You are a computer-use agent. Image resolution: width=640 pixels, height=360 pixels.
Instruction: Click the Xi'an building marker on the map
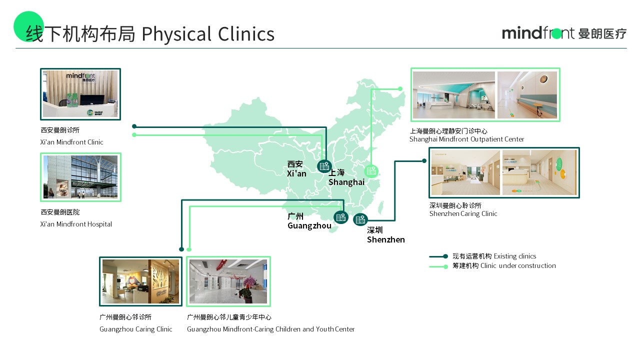tap(324, 166)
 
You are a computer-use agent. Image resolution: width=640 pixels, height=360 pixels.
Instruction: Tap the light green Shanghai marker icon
tap(371, 171)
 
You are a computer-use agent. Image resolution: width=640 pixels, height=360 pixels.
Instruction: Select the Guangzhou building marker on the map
tap(341, 217)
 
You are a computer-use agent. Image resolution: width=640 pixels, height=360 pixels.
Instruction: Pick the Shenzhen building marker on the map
tap(360, 219)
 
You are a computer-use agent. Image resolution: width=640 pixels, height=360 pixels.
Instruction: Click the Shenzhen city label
tap(385, 235)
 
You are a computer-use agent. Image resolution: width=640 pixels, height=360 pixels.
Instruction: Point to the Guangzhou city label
tap(309, 221)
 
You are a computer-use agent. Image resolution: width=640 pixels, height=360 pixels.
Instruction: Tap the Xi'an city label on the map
tap(296, 168)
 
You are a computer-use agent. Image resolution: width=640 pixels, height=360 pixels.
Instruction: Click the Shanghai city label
tap(346, 177)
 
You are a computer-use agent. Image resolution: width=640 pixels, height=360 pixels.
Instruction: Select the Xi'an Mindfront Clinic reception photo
tap(80, 94)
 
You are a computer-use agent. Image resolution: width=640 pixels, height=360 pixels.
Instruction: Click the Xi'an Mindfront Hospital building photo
tap(80, 177)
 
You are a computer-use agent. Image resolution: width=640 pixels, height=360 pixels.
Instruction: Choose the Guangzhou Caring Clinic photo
tap(140, 281)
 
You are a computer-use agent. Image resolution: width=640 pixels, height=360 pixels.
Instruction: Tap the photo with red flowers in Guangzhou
tap(228, 281)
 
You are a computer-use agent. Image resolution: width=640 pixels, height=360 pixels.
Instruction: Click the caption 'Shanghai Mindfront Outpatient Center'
tap(466, 139)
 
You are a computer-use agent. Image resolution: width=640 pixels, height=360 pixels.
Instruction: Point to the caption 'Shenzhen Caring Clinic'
tap(463, 213)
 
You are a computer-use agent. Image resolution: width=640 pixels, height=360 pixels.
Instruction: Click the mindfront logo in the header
tap(564, 33)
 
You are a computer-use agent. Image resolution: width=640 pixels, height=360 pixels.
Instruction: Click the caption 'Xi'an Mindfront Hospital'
tap(76, 224)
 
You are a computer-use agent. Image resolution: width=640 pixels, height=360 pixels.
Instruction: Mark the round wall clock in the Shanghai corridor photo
tap(543, 79)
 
